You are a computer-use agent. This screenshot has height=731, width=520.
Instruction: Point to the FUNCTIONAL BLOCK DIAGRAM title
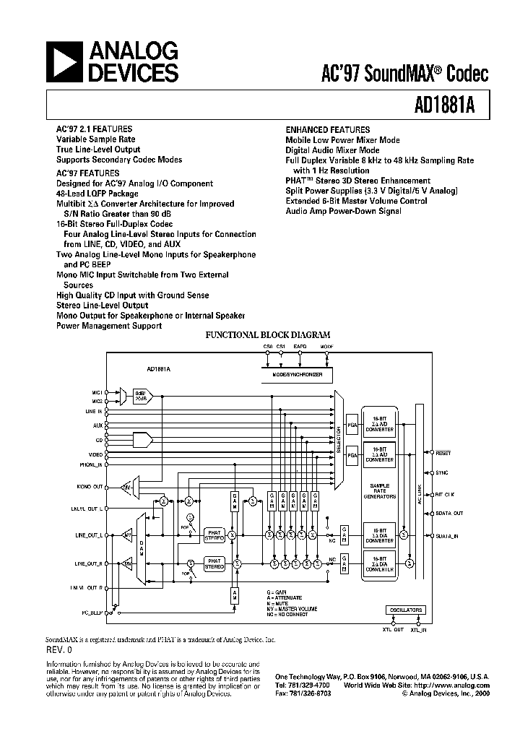(268, 335)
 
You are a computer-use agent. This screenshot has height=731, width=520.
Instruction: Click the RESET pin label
(443, 453)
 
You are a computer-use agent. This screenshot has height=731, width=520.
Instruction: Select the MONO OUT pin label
(90, 488)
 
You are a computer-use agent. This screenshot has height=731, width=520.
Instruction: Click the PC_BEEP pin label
(91, 613)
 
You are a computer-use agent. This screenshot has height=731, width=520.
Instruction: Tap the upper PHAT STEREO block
(214, 535)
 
